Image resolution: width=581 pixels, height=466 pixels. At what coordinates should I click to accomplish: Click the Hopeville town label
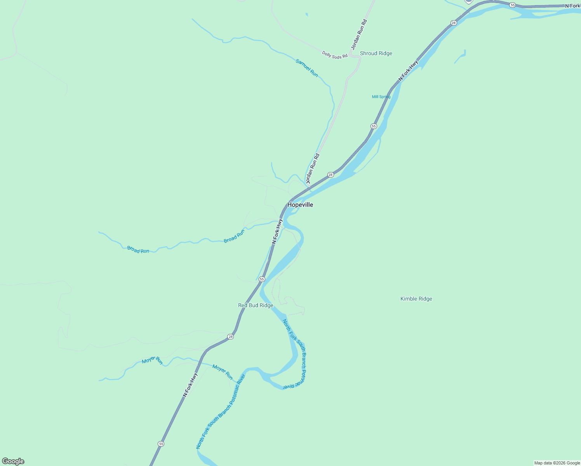tap(300, 205)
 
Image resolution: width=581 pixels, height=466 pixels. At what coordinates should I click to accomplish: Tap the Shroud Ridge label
tap(376, 53)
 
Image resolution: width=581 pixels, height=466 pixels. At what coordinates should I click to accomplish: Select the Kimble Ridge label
tap(416, 299)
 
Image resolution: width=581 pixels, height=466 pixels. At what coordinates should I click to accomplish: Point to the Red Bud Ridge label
tap(256, 305)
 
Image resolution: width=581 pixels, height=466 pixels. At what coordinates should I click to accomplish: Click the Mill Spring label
tap(381, 97)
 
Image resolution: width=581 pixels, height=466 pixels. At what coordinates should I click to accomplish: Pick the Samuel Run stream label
tap(307, 68)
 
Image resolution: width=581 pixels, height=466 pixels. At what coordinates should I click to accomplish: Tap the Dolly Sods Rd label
tap(334, 55)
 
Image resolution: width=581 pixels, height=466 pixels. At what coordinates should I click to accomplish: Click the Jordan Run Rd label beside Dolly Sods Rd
tap(359, 35)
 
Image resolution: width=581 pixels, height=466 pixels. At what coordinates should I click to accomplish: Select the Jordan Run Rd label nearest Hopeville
tap(313, 169)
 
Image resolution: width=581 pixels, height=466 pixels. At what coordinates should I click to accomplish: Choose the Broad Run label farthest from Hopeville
tap(138, 250)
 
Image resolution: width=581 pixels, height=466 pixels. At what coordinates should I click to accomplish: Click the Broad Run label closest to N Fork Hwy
tap(234, 236)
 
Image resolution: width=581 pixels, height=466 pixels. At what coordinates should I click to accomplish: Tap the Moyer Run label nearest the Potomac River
tap(223, 372)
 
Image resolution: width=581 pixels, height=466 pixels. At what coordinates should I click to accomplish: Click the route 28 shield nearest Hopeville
tap(331, 175)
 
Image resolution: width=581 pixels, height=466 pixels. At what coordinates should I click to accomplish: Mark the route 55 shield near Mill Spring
tap(374, 126)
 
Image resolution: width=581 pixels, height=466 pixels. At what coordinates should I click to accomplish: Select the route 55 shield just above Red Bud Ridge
tap(262, 279)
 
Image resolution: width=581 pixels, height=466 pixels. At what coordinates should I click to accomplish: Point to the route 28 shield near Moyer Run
tap(231, 337)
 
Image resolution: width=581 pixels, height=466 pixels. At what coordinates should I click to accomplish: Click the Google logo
tap(13, 461)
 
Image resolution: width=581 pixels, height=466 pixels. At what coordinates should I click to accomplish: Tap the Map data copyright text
tap(557, 463)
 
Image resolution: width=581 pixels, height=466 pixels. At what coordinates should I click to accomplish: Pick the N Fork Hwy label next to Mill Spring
tap(409, 71)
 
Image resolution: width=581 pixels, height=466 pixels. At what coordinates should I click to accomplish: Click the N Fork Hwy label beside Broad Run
tap(277, 231)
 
